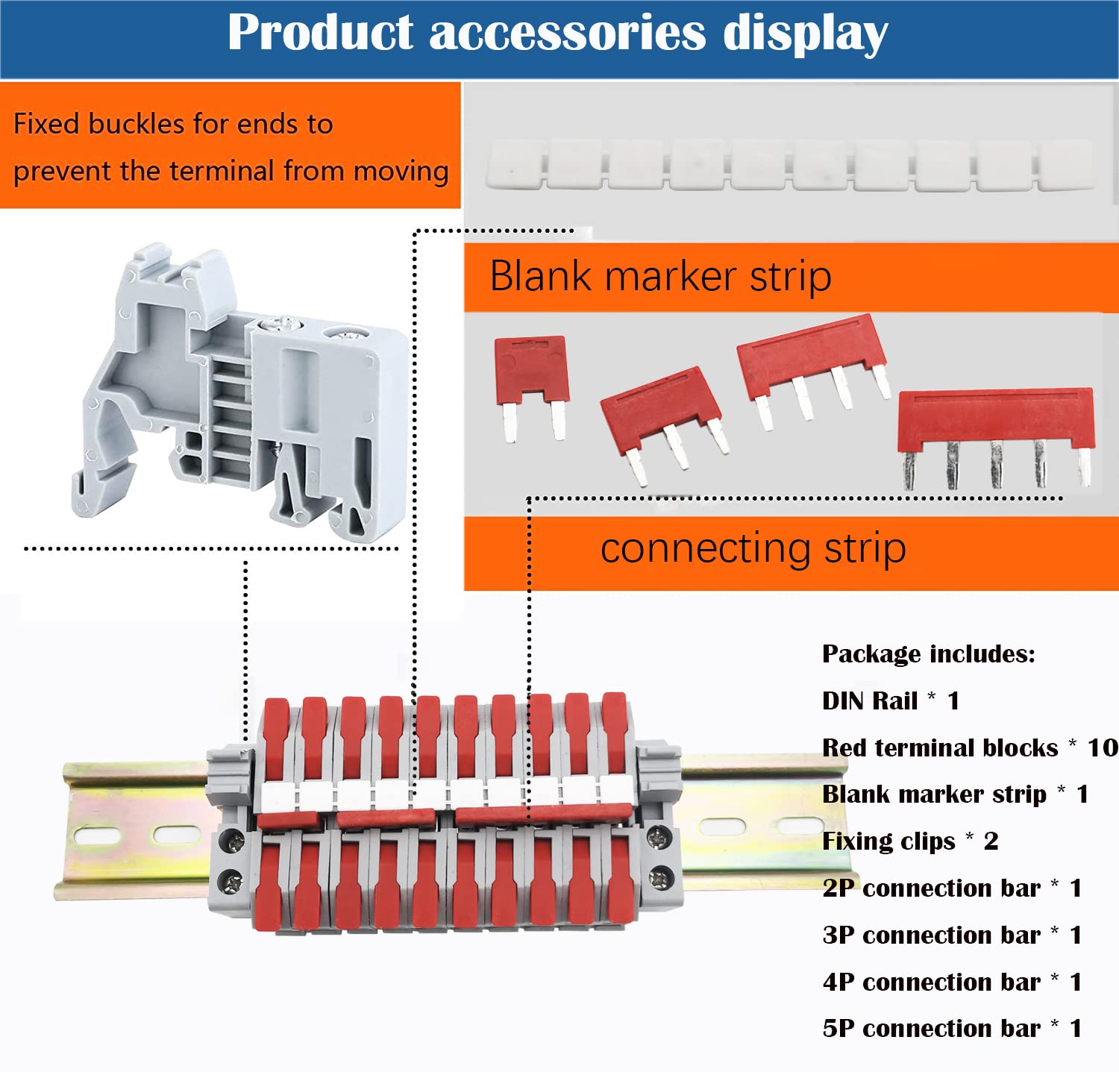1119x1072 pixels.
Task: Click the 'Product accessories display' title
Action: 558,33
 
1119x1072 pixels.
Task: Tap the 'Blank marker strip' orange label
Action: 791,277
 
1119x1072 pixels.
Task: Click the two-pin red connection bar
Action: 532,387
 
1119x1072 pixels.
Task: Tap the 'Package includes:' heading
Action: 929,654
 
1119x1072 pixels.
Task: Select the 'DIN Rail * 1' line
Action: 891,701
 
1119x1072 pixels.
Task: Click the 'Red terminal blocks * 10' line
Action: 970,747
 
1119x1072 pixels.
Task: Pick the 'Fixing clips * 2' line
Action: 910,841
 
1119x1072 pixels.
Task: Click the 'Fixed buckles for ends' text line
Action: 173,124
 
